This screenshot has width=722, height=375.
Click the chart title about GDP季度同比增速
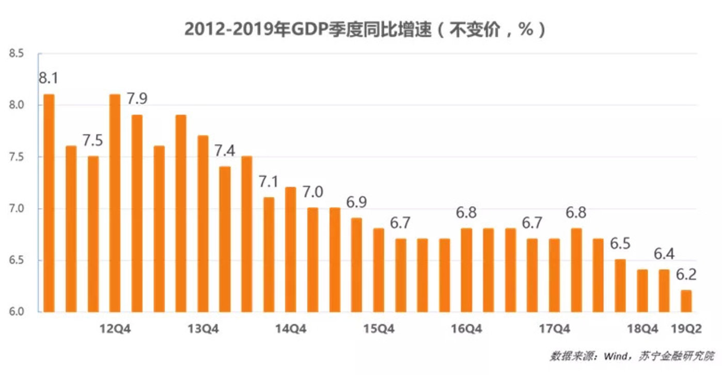coord(365,29)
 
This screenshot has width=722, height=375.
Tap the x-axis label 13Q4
coord(203,329)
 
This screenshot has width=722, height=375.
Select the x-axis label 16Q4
coord(466,329)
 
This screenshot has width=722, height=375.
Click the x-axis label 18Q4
coord(642,329)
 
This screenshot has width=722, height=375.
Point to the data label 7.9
coord(137,99)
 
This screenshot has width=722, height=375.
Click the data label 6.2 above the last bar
coord(686,274)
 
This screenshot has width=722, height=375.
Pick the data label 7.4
coord(225,151)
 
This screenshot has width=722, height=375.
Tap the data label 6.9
coord(356,202)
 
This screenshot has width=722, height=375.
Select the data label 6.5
coord(620,243)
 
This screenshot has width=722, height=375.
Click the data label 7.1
coord(269,182)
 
